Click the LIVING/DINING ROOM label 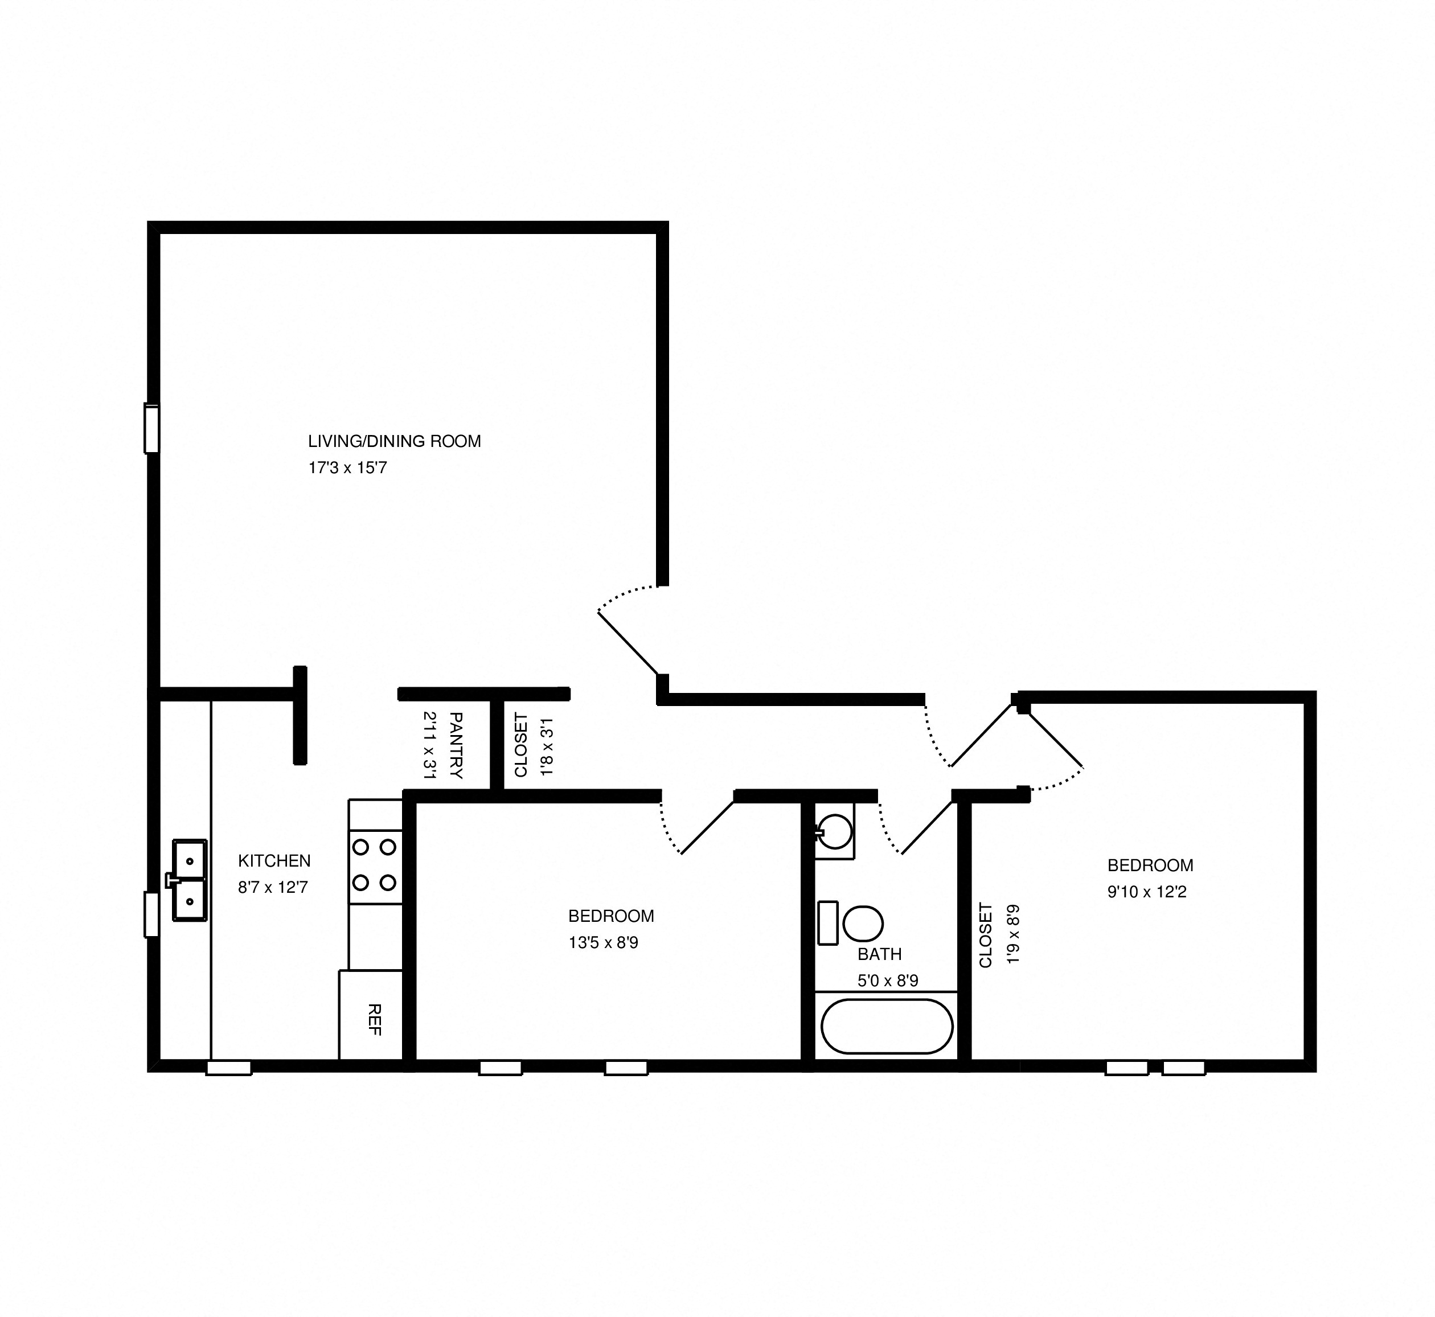(394, 441)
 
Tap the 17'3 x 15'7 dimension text (347, 468)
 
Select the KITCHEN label (274, 861)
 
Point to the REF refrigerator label (374, 1020)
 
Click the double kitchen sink (190, 881)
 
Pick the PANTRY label (456, 745)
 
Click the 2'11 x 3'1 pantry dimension (430, 745)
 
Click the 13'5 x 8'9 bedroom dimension (603, 943)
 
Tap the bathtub (887, 1026)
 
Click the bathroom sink (835, 831)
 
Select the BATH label (880, 954)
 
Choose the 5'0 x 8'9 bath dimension (888, 980)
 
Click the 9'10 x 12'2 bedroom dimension (1147, 892)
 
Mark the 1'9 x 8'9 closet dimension (1013, 934)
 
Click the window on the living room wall (151, 428)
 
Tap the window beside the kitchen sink (151, 914)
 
